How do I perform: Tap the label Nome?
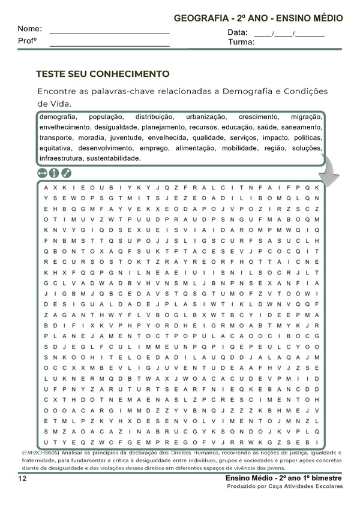point(29,29)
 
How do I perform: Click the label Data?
point(238,32)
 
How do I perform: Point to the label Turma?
point(241,43)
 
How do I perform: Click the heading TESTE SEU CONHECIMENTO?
point(103,74)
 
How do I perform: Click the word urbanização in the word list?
point(206,117)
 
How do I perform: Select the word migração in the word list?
point(306,117)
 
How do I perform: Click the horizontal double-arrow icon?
point(42,173)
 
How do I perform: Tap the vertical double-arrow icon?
point(54,173)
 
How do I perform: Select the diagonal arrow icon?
point(66,173)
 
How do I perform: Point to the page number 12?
point(22,479)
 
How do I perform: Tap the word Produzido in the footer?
point(244,487)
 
